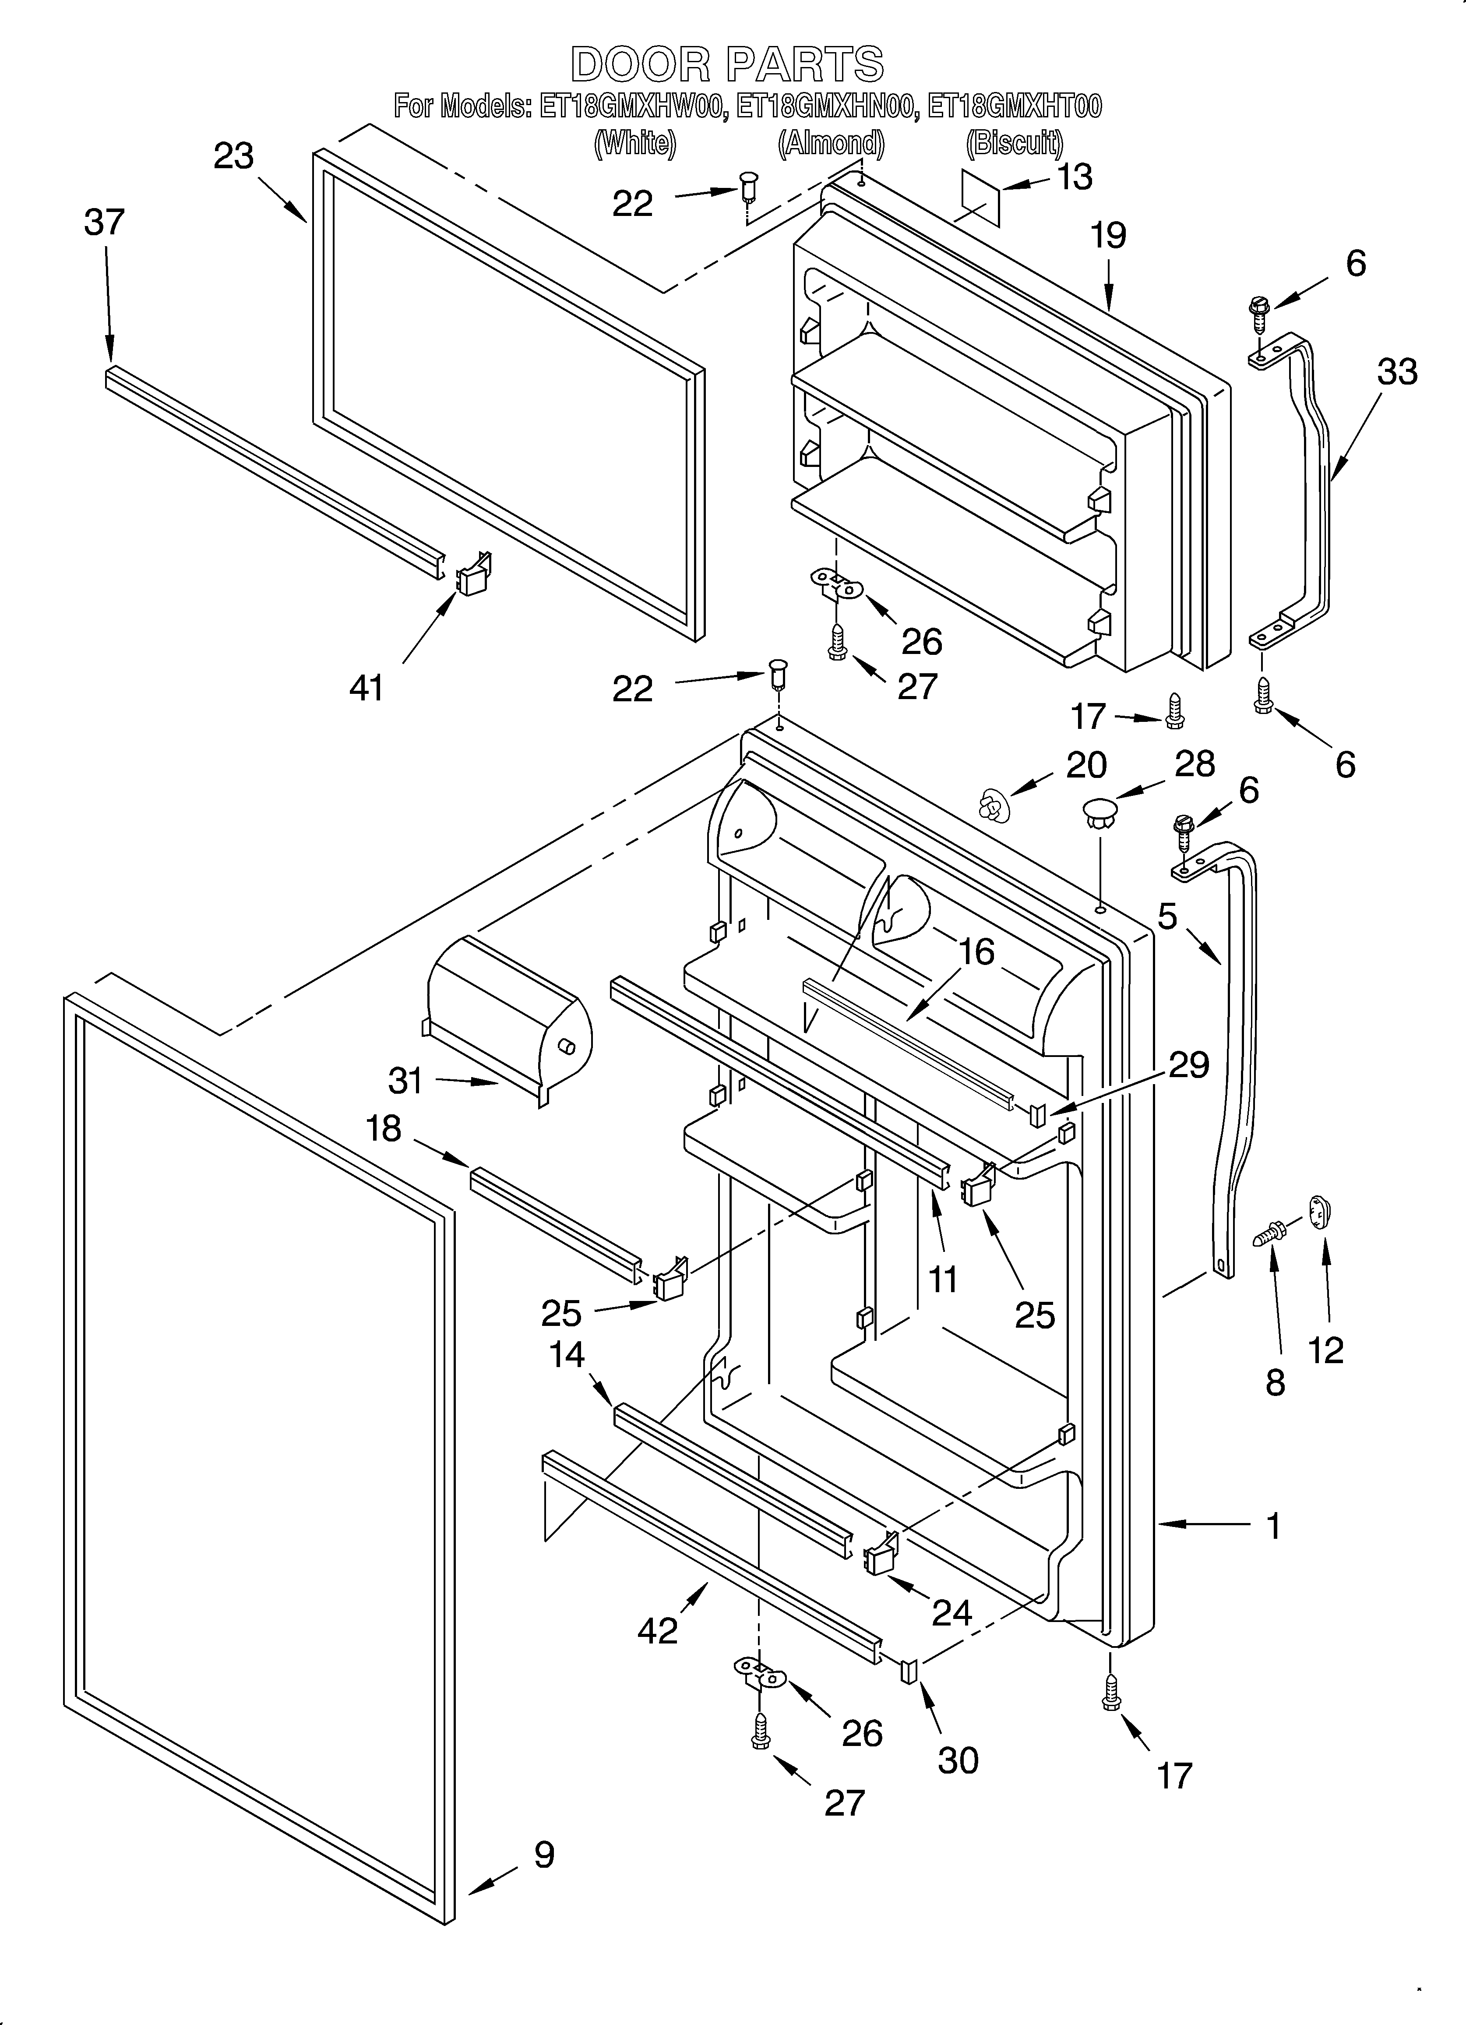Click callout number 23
tap(234, 156)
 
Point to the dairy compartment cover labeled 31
tap(509, 1018)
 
